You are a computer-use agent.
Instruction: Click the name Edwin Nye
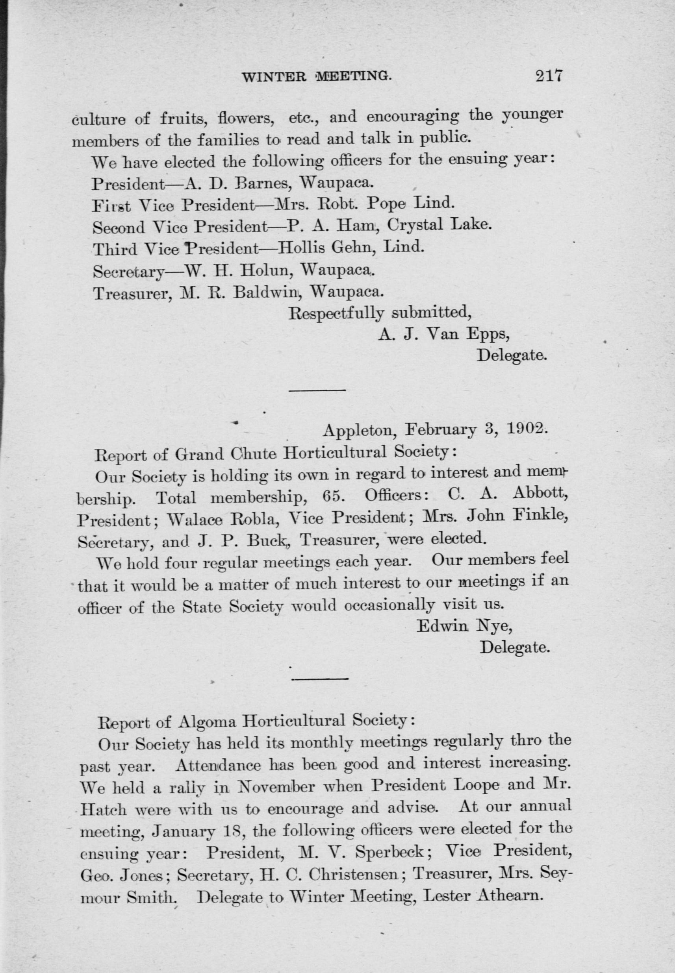[x=464, y=627]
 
